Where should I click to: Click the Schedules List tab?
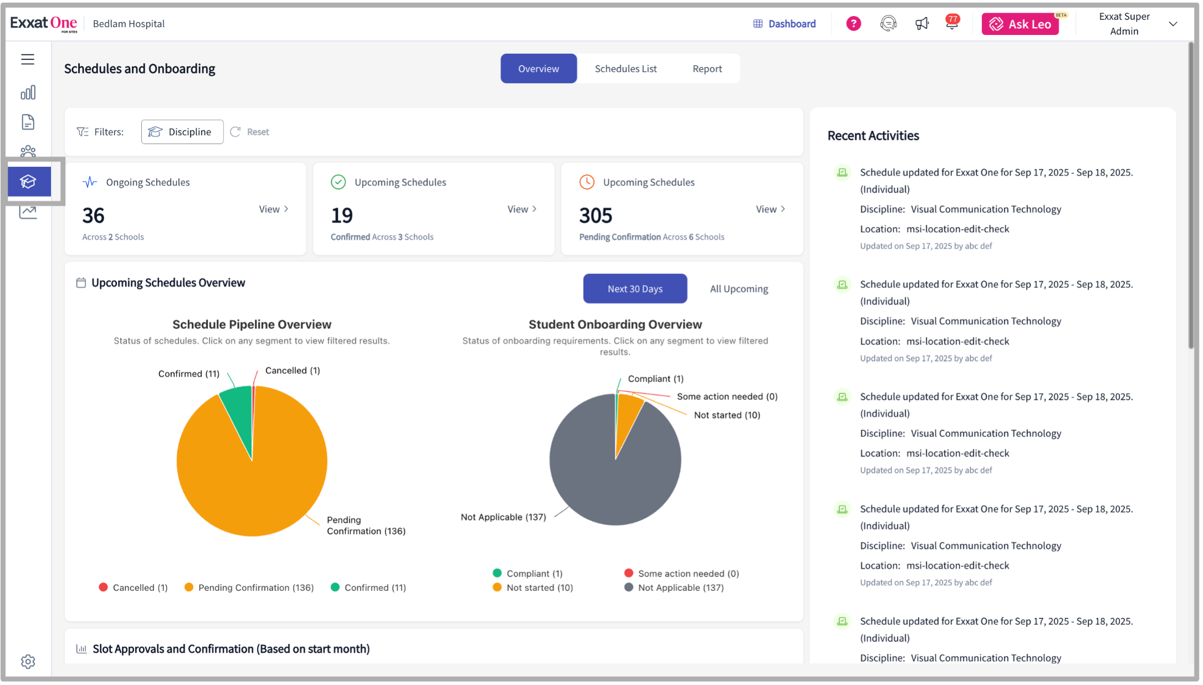[x=625, y=69]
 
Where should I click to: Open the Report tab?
[x=707, y=69]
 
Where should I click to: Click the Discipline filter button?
[x=182, y=132]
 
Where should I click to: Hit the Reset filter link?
[x=250, y=132]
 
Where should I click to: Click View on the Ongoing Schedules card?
[x=274, y=209]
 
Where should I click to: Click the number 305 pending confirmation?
[x=595, y=215]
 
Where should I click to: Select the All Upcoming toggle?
[x=739, y=289]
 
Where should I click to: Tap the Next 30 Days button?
[x=635, y=289]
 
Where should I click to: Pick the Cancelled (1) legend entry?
[x=133, y=588]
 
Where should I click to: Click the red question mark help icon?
[x=853, y=24]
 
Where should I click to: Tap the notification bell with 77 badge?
[x=952, y=24]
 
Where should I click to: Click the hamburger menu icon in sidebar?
[x=28, y=59]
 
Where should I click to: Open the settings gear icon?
[x=28, y=661]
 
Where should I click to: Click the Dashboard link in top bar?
[x=784, y=24]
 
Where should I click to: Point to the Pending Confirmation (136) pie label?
[x=366, y=526]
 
